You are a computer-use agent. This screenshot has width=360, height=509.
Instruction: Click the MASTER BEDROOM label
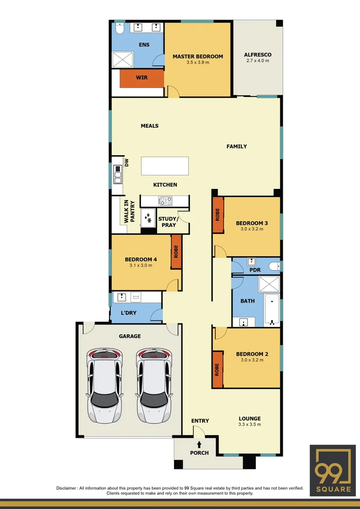197,57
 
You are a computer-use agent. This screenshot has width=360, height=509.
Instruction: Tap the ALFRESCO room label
258,55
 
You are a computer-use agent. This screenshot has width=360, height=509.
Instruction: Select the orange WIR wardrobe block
141,78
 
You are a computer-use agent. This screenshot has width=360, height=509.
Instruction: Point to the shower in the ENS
123,59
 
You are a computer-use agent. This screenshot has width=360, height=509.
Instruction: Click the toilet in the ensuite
119,30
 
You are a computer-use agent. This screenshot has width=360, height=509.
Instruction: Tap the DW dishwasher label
126,162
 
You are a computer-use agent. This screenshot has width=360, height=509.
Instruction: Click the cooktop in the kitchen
165,201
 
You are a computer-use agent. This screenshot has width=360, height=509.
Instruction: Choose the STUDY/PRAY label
167,222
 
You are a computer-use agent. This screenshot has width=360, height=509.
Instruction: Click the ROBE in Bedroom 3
218,214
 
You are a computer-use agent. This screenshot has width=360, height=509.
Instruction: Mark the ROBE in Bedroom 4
176,251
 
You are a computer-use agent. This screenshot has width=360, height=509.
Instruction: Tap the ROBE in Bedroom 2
218,370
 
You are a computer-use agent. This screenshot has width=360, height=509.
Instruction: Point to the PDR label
255,270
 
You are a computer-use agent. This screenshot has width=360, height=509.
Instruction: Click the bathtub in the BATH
272,310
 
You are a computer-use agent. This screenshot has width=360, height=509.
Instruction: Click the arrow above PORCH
199,443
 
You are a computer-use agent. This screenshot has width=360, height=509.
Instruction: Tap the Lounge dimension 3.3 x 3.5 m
250,425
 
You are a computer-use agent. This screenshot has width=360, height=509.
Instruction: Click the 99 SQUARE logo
333,470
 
